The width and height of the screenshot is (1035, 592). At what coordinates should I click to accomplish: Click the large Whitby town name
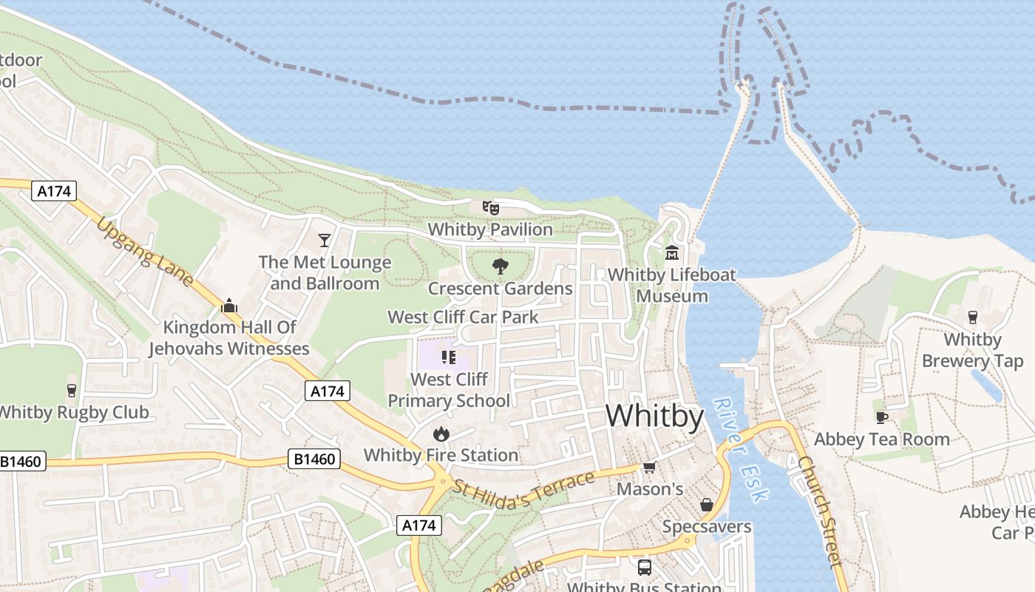pyautogui.click(x=654, y=416)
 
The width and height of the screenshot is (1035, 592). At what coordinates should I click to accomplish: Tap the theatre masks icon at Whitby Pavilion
pyautogui.click(x=491, y=208)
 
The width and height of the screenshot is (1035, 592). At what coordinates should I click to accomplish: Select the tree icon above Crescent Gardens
pyautogui.click(x=500, y=266)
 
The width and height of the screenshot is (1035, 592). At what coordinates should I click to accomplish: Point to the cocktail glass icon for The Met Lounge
pyautogui.click(x=325, y=240)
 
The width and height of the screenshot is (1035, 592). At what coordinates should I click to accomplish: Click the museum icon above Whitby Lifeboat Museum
pyautogui.click(x=672, y=252)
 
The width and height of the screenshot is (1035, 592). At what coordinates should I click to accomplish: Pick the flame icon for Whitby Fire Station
pyautogui.click(x=441, y=433)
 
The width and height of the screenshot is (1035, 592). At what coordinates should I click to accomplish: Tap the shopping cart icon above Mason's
pyautogui.click(x=650, y=467)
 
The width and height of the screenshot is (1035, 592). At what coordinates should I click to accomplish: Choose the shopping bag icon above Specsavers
pyautogui.click(x=706, y=505)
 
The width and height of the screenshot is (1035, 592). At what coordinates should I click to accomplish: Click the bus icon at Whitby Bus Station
pyautogui.click(x=644, y=568)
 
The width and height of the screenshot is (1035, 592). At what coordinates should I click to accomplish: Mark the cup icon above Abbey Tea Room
pyautogui.click(x=881, y=417)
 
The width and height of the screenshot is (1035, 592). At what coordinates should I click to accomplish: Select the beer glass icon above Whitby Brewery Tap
pyautogui.click(x=972, y=317)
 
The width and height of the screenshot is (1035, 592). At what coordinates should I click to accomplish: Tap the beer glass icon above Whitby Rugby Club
pyautogui.click(x=72, y=390)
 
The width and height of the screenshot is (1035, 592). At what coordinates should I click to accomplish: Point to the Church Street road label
pyautogui.click(x=820, y=511)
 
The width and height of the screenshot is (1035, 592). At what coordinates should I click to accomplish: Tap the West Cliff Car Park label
pyautogui.click(x=464, y=317)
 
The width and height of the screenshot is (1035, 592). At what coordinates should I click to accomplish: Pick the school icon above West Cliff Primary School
pyautogui.click(x=448, y=357)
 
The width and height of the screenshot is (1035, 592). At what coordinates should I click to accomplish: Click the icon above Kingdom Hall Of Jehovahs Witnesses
pyautogui.click(x=229, y=305)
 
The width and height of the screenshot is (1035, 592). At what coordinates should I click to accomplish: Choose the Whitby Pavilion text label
pyautogui.click(x=490, y=229)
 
